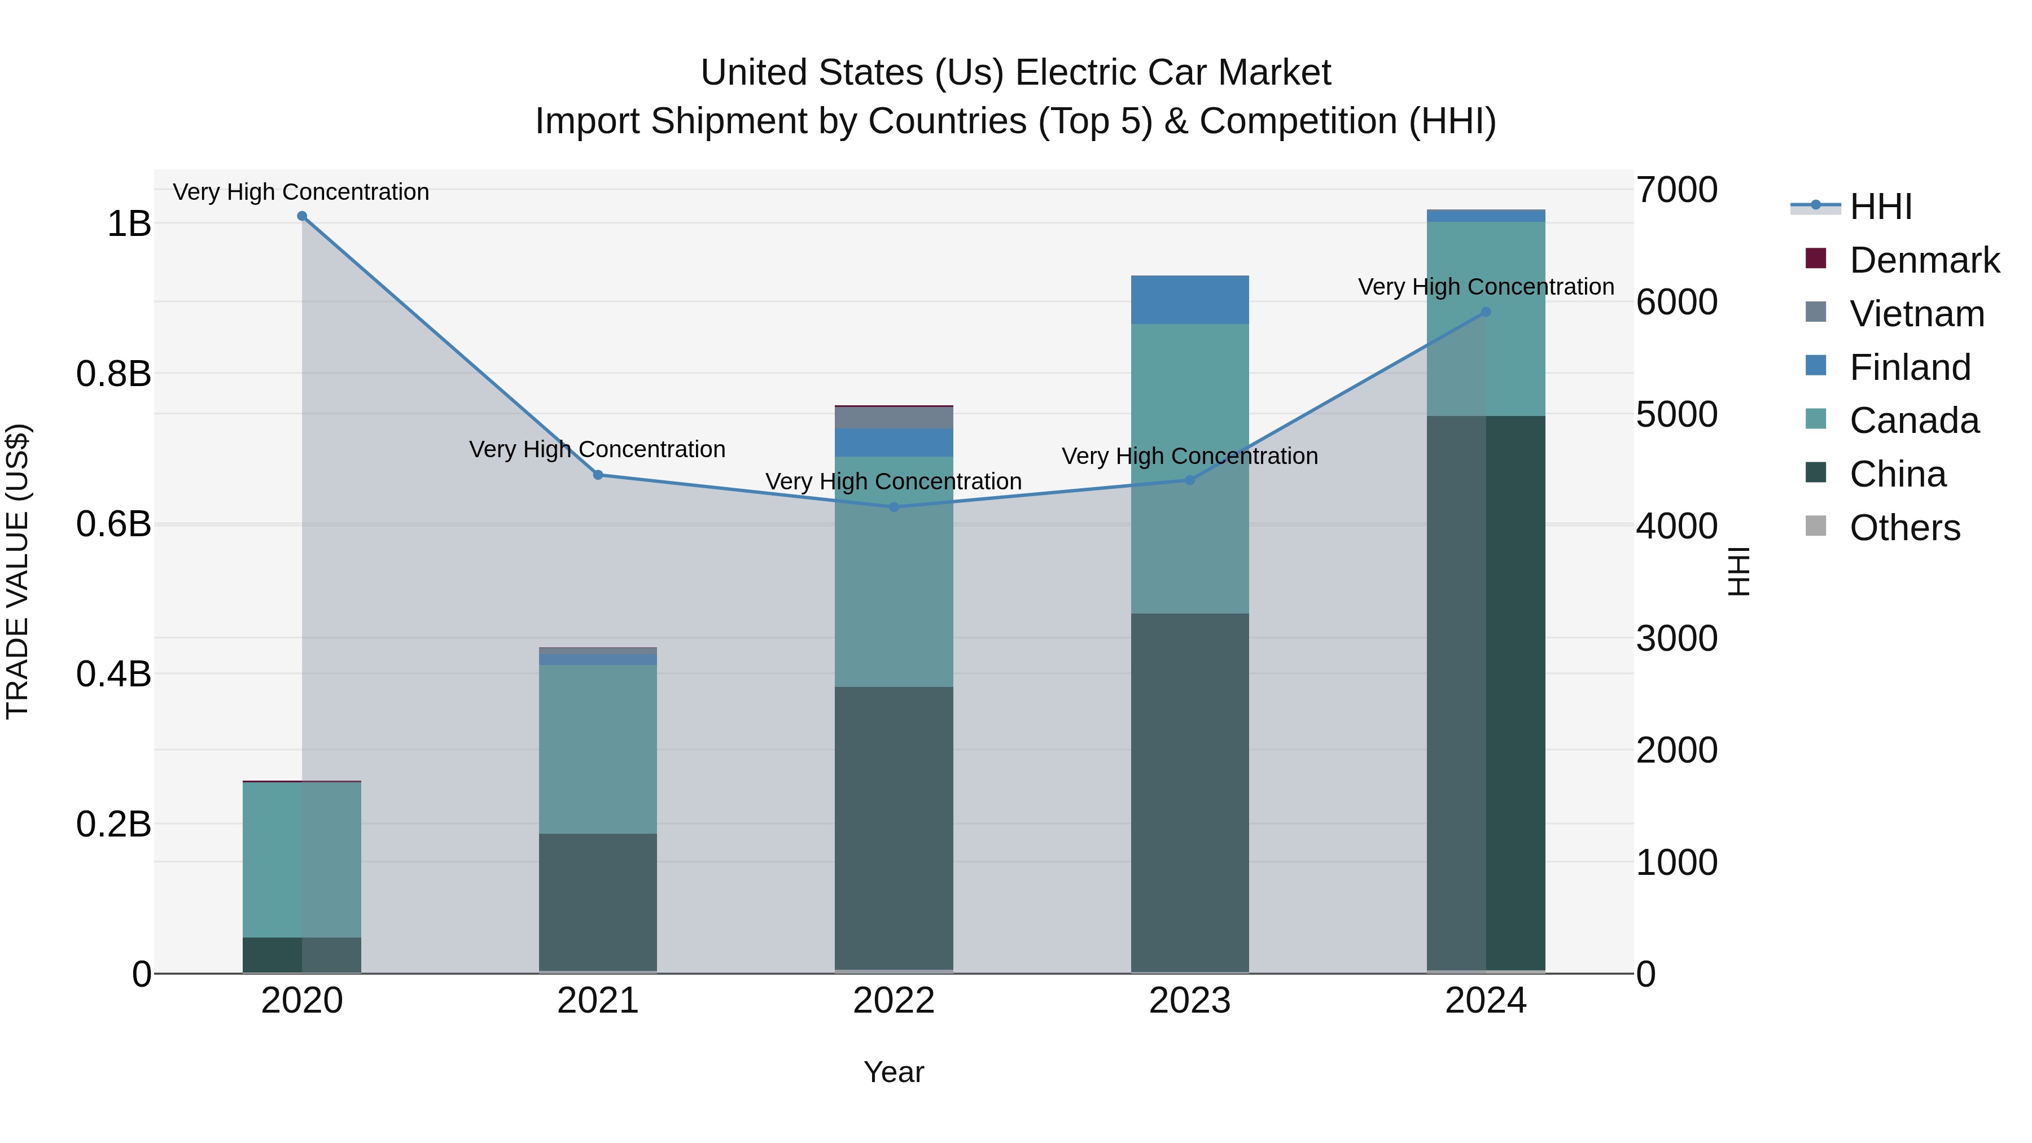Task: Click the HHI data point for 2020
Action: pos(302,216)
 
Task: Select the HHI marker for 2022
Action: pos(894,507)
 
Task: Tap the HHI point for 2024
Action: pos(1486,312)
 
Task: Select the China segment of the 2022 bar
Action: pos(894,828)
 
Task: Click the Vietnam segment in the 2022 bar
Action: pos(894,417)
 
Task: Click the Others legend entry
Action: pos(1904,528)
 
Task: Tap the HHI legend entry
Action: pos(1881,207)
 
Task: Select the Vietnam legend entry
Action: pos(1916,314)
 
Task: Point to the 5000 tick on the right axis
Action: pos(1676,414)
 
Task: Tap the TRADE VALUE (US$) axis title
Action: pos(17,571)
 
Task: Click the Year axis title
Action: pos(894,1072)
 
